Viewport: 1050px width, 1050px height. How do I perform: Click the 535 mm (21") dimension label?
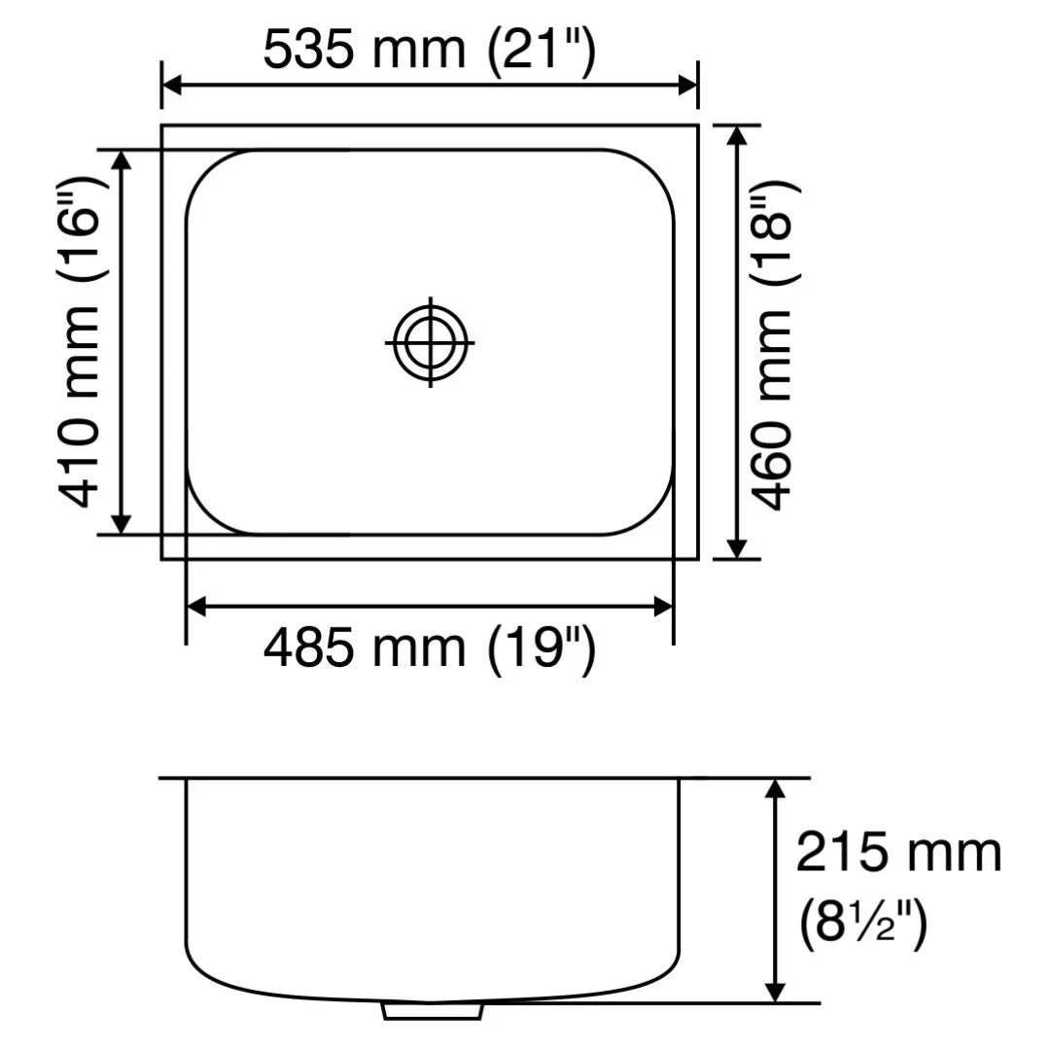point(430,51)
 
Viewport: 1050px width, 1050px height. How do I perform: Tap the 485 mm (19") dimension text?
point(430,648)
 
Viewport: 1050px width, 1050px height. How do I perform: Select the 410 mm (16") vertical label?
point(80,342)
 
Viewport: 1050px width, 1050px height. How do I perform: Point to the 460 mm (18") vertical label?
point(773,345)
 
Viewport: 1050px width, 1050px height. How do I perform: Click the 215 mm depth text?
point(898,853)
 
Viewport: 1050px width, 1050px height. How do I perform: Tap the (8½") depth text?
point(864,922)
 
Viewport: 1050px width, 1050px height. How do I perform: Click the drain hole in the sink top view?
point(430,342)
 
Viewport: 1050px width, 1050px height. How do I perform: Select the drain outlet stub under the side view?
point(432,1010)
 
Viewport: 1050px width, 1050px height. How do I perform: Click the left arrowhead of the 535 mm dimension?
point(171,86)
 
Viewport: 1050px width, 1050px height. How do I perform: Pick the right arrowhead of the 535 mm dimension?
point(688,86)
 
